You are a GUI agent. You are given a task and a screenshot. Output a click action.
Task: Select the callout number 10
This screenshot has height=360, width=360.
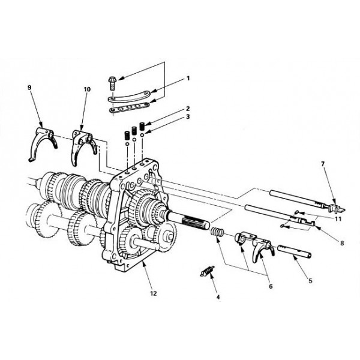tap(87, 89)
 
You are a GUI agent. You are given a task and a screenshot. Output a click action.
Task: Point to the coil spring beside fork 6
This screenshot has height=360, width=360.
tap(217, 232)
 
